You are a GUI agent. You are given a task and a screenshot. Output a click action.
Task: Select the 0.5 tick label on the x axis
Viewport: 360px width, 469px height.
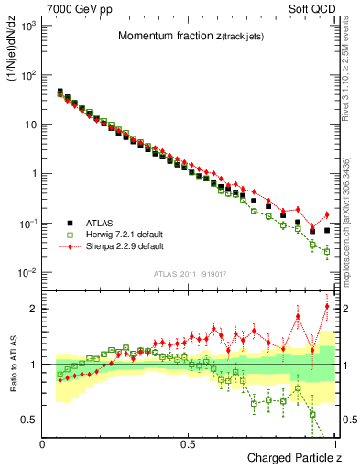point(189,443)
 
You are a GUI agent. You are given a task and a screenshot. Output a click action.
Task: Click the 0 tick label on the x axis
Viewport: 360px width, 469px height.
point(42,443)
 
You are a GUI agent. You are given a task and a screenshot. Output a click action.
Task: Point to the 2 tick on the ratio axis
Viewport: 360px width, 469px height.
point(34,309)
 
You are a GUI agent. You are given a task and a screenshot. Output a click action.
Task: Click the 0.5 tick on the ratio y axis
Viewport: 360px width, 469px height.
point(30,420)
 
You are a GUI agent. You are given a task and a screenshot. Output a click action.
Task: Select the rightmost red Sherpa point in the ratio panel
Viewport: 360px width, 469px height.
point(327,306)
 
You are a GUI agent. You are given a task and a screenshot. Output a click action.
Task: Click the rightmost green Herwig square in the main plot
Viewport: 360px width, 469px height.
point(327,251)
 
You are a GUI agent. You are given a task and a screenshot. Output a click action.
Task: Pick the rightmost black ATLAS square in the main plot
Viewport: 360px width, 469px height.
point(327,231)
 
